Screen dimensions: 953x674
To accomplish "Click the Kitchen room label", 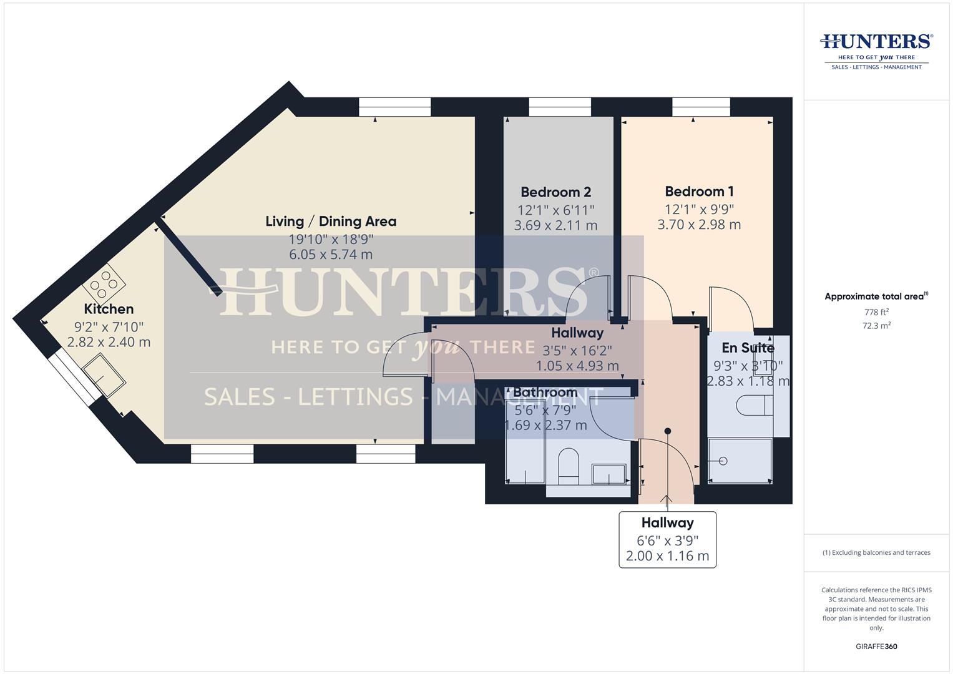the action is click(109, 309).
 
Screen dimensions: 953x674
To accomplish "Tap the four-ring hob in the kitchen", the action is click(104, 284).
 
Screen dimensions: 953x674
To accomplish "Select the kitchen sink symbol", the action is click(104, 377).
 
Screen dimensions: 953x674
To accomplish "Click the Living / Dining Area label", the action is click(331, 222).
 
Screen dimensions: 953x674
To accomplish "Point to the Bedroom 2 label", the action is click(556, 192).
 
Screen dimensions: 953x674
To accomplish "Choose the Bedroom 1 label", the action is click(700, 191).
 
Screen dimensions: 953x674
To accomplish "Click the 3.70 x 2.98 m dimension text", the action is click(700, 224).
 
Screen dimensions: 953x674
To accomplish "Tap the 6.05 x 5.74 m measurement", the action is click(331, 255).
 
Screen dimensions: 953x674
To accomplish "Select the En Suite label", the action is click(748, 348).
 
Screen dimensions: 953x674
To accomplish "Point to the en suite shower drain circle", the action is click(723, 461).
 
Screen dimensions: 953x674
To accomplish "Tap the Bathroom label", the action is click(545, 392).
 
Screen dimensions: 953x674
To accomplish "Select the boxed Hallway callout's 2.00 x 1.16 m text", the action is click(668, 555).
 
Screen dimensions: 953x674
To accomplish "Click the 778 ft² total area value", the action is click(876, 312).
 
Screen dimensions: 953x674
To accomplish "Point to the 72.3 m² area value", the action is click(876, 326).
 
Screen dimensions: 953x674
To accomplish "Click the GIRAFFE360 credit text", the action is click(876, 647).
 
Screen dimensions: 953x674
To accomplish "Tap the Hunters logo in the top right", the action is click(876, 52).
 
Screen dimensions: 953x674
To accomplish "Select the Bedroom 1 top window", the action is click(701, 107).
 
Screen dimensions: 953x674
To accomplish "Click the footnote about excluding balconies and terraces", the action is click(876, 552).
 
